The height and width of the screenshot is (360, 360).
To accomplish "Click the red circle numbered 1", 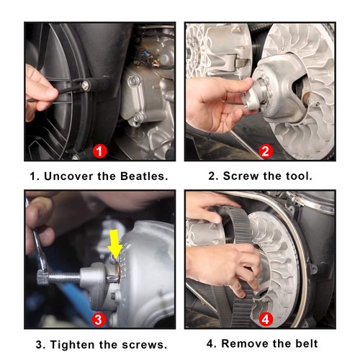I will pos(100,151).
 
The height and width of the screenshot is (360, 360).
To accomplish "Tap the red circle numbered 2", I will pos(265,151).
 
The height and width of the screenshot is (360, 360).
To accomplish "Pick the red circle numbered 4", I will pos(265,319).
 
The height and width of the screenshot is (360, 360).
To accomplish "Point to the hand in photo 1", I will pos(42,88).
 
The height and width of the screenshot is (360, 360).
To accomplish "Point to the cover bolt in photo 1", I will pos(85,86).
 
